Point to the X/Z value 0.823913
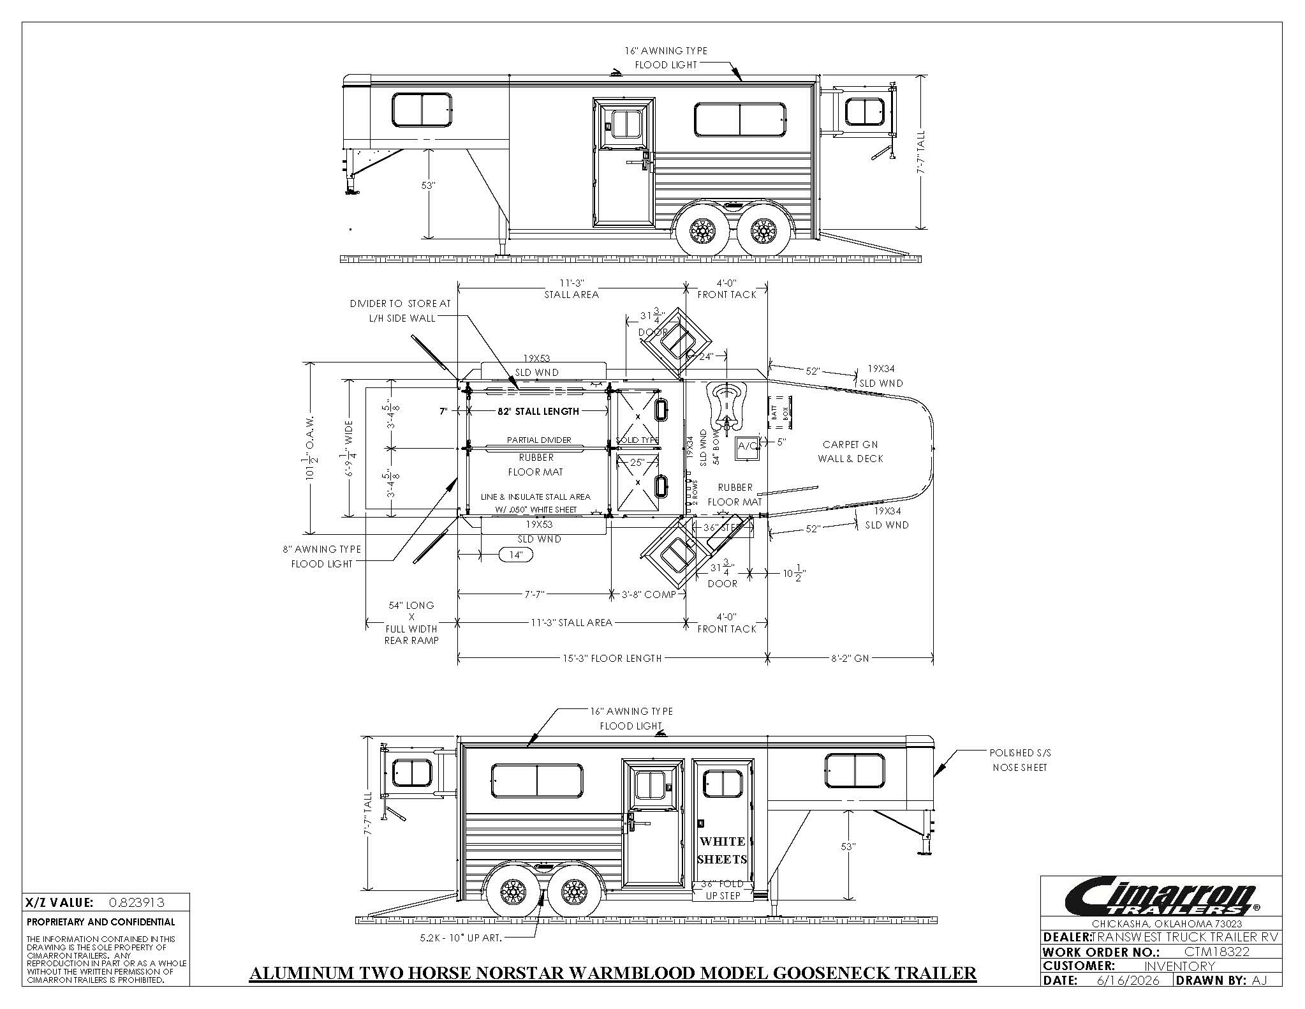(x=137, y=902)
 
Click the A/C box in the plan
(x=747, y=445)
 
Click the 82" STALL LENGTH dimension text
(x=538, y=412)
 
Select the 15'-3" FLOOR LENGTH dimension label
(x=612, y=658)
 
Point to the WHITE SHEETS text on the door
(x=722, y=851)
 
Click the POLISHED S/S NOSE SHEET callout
(x=1019, y=760)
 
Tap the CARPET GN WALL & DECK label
(x=850, y=451)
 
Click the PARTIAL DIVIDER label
(x=539, y=440)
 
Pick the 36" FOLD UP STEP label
(x=722, y=890)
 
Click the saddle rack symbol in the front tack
(x=726, y=406)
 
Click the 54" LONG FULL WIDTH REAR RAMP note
(x=411, y=622)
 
